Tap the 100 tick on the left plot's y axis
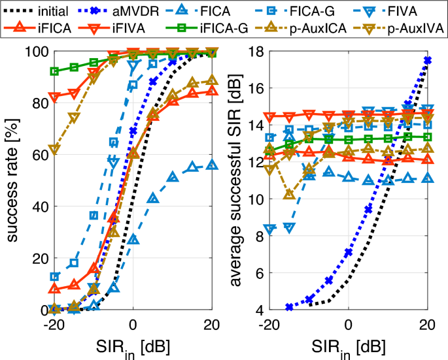tap(35, 52)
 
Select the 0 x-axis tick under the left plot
tap(133, 324)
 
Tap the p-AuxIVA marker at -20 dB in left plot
tap(55, 150)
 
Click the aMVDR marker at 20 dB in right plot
tap(428, 60)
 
